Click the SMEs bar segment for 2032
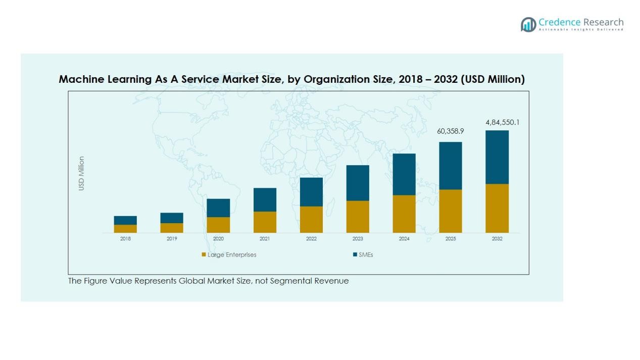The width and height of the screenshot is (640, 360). tap(497, 157)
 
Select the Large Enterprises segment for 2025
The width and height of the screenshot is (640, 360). tap(451, 211)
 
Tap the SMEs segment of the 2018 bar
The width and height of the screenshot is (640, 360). tap(125, 220)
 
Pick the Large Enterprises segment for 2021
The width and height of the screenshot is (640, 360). tap(265, 222)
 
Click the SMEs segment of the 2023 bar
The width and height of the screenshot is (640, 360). tap(358, 183)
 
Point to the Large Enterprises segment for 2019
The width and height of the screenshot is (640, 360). tap(172, 228)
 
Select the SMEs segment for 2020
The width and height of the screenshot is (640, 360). tap(218, 208)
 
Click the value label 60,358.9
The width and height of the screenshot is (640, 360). tap(451, 131)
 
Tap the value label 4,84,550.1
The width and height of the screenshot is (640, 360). tap(503, 122)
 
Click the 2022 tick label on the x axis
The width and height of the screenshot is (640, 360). tap(311, 239)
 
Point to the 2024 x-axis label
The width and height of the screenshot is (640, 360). tap(404, 239)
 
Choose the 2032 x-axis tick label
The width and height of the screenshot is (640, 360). tap(497, 239)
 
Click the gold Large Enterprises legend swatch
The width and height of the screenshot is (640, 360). tap(204, 254)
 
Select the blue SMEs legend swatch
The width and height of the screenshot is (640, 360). tap(355, 254)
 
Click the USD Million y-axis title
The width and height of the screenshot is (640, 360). tap(81, 173)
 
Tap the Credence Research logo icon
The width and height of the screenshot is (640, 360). tap(528, 24)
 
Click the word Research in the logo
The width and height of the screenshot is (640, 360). tap(603, 22)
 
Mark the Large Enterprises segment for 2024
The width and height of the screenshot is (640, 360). tap(404, 214)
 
